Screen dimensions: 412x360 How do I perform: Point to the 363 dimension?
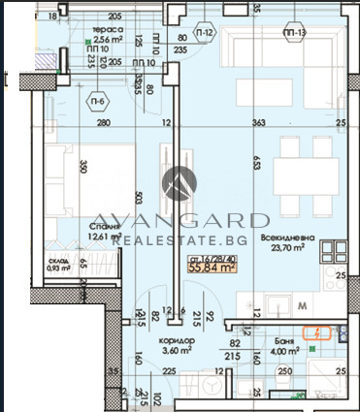pyautogui.click(x=258, y=123)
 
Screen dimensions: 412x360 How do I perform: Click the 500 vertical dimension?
pyautogui.click(x=140, y=201)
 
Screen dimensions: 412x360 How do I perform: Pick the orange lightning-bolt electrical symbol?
pyautogui.click(x=317, y=333)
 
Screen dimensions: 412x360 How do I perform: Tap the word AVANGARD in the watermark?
pyautogui.click(x=181, y=219)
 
